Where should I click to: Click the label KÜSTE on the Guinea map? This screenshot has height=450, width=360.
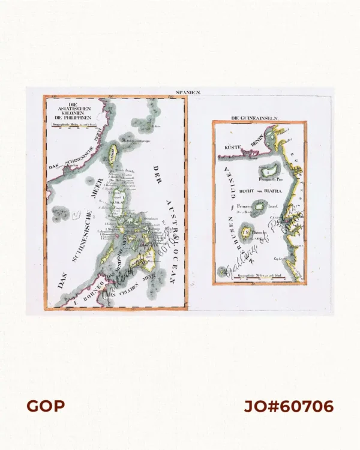click(x=232, y=146)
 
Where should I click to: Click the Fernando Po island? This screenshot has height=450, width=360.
click(x=272, y=170)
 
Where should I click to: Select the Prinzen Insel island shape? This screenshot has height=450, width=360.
click(x=260, y=208)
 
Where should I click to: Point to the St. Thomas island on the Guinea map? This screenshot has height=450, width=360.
click(x=246, y=230)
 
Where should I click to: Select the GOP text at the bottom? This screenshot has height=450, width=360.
click(x=45, y=406)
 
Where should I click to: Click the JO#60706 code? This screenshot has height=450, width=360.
click(x=289, y=406)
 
